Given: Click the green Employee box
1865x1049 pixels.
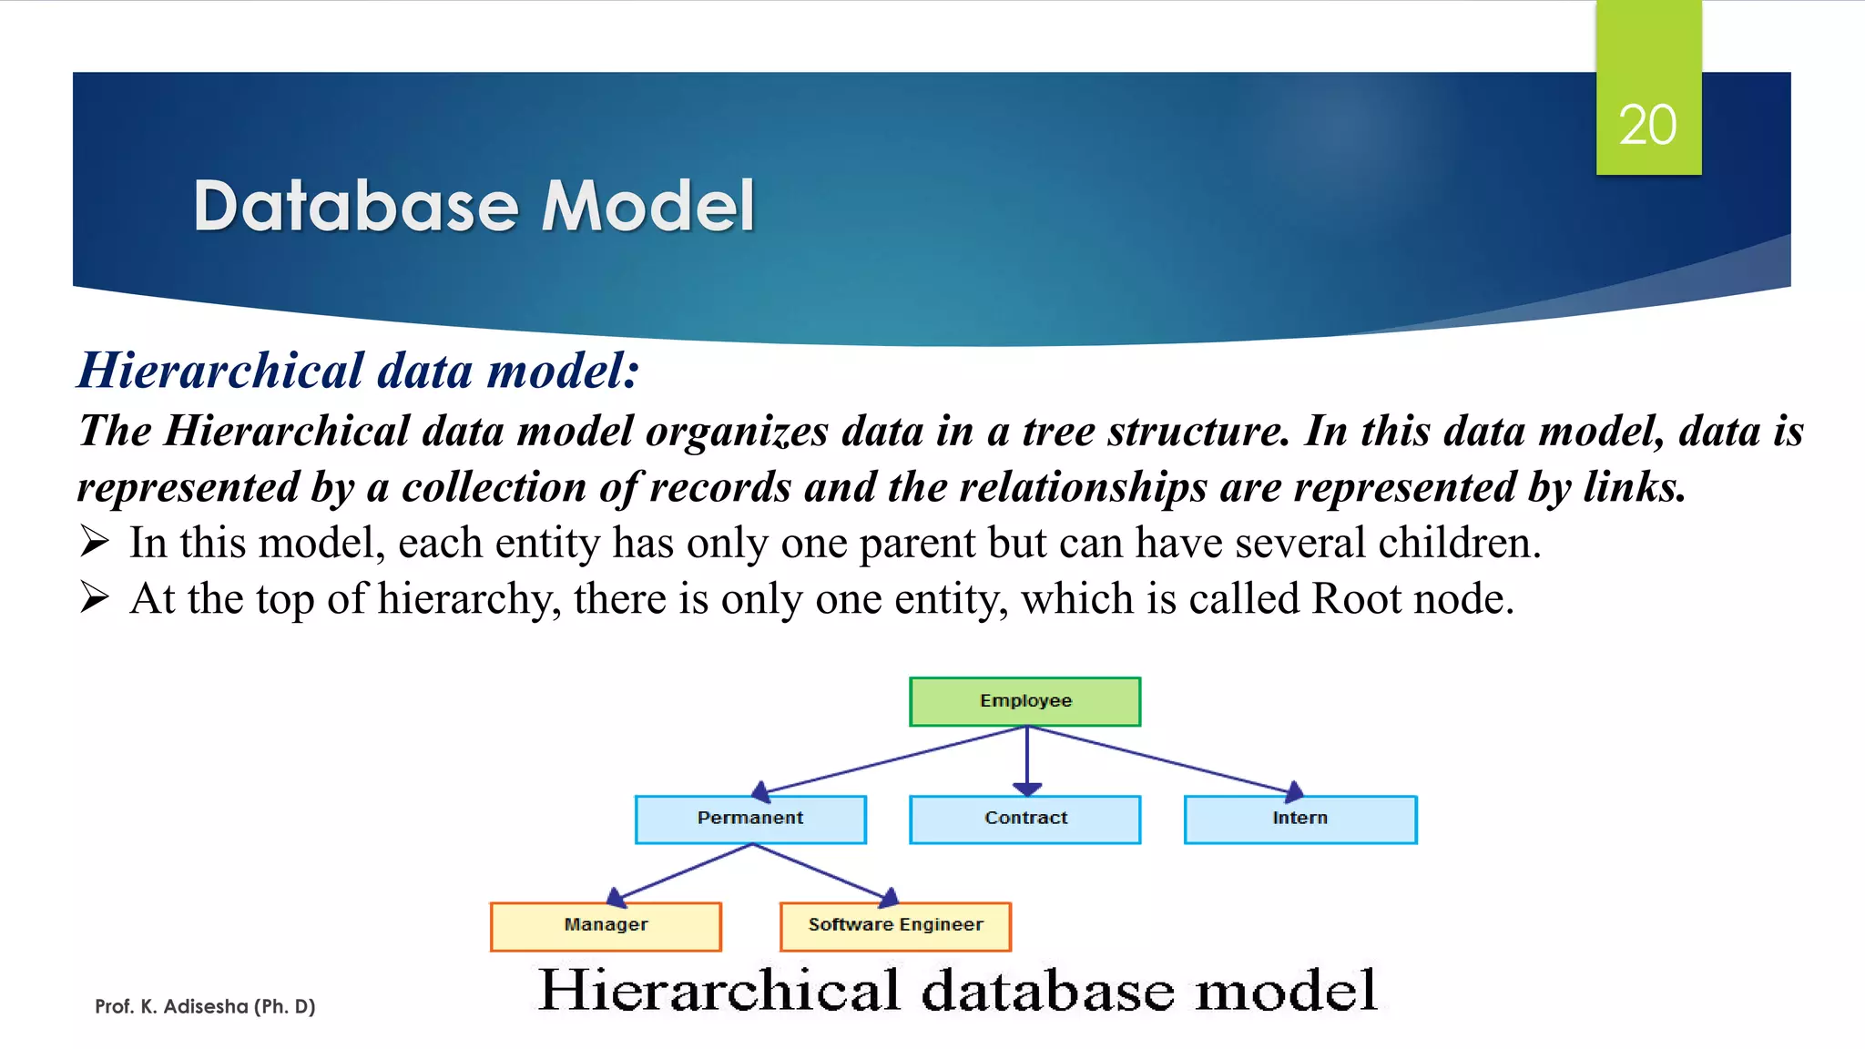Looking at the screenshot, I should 1024,701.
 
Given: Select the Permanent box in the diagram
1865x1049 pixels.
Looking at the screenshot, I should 750,819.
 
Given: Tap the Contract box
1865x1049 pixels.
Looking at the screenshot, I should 1024,819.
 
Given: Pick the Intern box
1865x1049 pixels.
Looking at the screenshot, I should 1299,819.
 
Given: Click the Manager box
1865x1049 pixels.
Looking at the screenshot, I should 606,926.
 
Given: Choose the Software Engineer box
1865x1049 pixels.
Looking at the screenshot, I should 895,926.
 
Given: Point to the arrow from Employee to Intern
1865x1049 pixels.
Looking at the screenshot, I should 1166,760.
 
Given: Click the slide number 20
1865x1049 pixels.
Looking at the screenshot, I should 1647,125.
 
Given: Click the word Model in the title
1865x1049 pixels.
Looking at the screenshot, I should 647,206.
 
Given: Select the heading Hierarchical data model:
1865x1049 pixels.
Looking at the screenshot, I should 358,371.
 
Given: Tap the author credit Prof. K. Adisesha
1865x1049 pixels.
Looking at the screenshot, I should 205,1006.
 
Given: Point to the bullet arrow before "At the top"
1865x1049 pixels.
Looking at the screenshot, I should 95,597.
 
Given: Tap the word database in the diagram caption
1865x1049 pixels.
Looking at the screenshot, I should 1048,991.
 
